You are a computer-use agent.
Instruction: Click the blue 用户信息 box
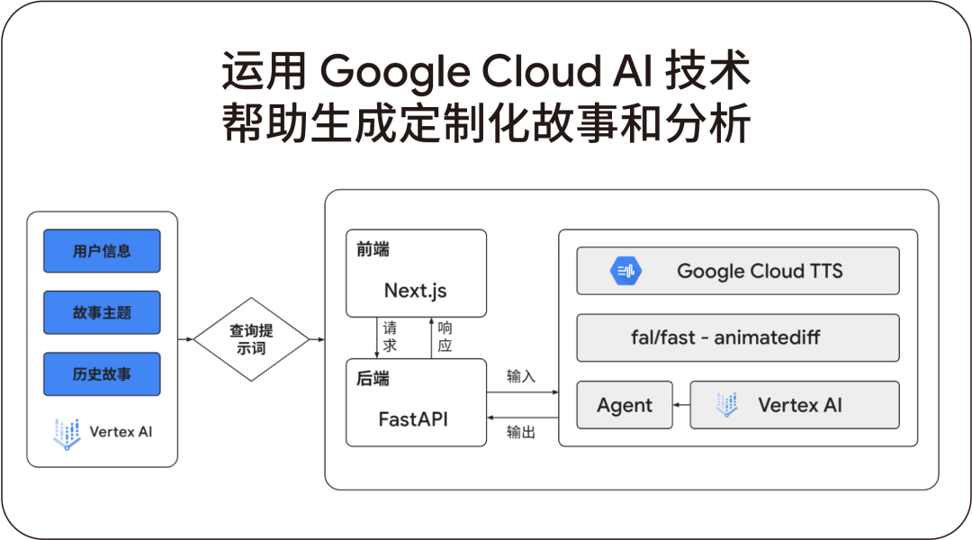(x=102, y=251)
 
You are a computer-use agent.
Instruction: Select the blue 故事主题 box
(x=102, y=312)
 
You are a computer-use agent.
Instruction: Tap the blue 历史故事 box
(x=102, y=373)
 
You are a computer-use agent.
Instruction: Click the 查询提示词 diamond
(x=251, y=339)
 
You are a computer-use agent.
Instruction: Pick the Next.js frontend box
(x=416, y=274)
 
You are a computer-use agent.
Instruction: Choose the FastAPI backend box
(x=416, y=402)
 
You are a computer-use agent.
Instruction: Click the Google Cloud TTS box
(x=737, y=271)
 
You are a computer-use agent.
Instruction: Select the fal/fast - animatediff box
(x=737, y=337)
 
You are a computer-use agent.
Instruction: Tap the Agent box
(x=624, y=405)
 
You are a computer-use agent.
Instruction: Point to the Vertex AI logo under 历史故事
(x=67, y=432)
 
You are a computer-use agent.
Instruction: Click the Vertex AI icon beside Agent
(x=726, y=405)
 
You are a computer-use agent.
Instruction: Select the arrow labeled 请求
(x=377, y=337)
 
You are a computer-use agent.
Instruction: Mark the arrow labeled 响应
(x=432, y=337)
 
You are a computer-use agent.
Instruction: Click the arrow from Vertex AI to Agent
(x=681, y=405)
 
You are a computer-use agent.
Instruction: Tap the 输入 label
(x=521, y=376)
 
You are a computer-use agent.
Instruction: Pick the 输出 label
(x=521, y=433)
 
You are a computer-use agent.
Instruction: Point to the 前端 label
(x=373, y=249)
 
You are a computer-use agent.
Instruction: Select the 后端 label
(x=373, y=379)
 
